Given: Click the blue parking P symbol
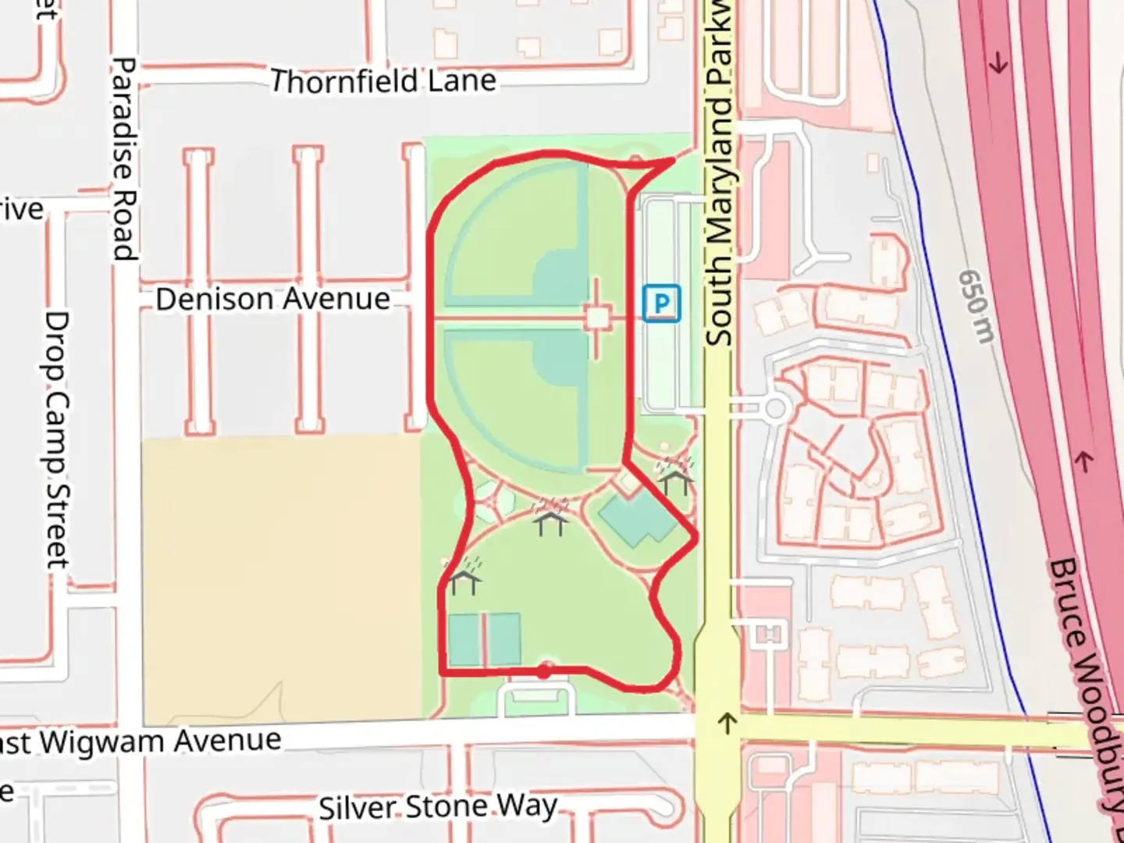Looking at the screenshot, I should tap(661, 303).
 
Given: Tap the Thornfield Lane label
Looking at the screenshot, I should tap(382, 81).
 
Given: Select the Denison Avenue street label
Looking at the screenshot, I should tap(272, 299).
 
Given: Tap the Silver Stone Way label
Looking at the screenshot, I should tap(438, 807).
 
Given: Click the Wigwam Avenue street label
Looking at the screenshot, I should tap(148, 742).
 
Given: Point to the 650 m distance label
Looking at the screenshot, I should tap(976, 306).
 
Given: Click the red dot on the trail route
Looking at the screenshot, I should tap(544, 670).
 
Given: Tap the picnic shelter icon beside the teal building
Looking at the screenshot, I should tap(551, 517).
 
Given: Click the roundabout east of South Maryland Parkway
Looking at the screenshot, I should tap(775, 408).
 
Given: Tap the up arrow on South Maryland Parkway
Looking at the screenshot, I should tap(727, 723).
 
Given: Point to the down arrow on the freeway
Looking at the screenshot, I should tap(998, 64).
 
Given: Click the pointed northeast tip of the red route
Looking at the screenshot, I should tap(674, 160).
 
